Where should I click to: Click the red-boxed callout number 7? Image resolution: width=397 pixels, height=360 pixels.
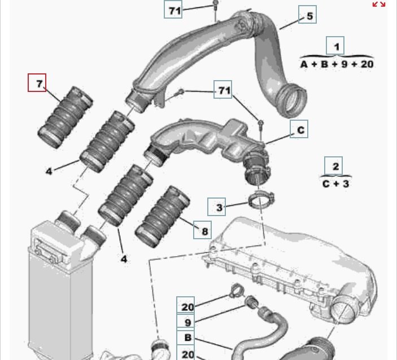(37, 83)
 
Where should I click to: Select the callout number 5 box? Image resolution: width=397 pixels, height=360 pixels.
(307, 15)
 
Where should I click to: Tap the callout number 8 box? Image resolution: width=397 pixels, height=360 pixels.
(203, 230)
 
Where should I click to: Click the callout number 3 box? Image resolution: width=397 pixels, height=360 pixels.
(217, 207)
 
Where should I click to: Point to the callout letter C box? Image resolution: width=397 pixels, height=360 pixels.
(299, 129)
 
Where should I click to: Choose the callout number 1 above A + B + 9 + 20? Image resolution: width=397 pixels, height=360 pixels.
(335, 46)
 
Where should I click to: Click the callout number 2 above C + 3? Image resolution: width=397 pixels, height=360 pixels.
(333, 166)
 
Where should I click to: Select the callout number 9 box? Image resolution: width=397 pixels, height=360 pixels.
(186, 322)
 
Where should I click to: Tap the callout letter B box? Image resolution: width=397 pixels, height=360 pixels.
(186, 337)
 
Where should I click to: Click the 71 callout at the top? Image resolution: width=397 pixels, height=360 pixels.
(173, 10)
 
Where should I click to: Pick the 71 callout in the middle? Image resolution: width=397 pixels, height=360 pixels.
(223, 90)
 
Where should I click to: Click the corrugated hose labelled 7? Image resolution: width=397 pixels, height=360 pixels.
(65, 117)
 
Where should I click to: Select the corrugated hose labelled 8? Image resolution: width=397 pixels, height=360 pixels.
(162, 217)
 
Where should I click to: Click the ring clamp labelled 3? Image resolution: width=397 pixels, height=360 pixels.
(261, 199)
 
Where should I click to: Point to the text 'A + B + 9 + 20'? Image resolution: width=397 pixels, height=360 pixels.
(337, 64)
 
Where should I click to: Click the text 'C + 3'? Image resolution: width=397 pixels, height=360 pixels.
(336, 184)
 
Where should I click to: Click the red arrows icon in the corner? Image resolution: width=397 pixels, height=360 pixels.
(379, 4)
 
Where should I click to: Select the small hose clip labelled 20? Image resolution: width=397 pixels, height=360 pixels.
(236, 291)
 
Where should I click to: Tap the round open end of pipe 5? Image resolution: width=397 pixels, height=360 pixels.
(291, 101)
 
